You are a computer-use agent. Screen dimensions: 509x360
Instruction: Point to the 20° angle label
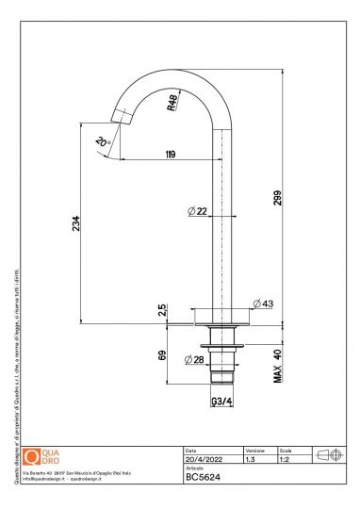[102, 141]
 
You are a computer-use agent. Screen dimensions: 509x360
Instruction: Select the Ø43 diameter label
[262, 304]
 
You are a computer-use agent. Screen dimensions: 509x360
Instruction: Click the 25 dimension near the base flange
[161, 309]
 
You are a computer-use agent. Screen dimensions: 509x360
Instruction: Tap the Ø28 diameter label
[195, 359]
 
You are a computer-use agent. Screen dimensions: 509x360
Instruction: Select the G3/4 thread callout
[222, 401]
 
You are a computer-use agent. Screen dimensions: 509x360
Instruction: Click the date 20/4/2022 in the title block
[204, 460]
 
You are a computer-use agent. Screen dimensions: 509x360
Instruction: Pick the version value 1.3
[251, 460]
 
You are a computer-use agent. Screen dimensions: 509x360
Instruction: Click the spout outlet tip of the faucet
[118, 118]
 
